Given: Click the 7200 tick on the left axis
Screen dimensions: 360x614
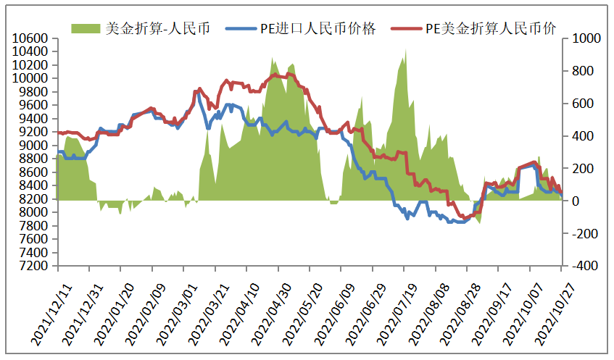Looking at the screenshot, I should [x=33, y=266].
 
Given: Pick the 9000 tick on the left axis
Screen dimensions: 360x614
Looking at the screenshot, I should [x=33, y=146].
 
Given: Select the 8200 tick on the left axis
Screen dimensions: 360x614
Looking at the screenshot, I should [x=33, y=199].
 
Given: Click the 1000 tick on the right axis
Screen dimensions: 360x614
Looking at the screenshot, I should [x=583, y=38].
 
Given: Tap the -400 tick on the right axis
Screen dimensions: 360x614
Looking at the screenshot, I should [x=583, y=266].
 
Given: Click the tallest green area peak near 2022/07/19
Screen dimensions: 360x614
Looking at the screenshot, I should [x=405, y=51].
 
